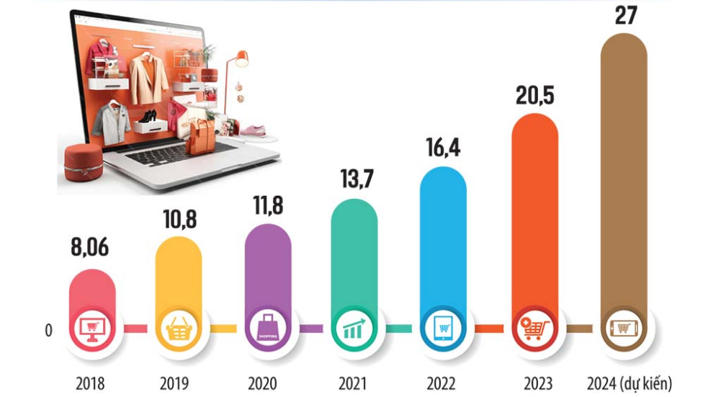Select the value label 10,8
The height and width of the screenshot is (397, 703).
(x=179, y=219)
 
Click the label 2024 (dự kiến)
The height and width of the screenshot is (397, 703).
(x=625, y=382)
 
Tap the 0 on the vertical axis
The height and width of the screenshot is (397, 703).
(x=49, y=331)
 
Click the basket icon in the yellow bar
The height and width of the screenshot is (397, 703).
(x=179, y=331)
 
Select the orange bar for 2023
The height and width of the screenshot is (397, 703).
(x=534, y=216)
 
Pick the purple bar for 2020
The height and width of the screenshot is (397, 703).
(x=267, y=267)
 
